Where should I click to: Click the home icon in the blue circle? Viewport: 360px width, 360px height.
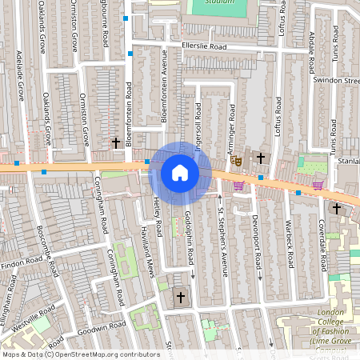coord(180,173)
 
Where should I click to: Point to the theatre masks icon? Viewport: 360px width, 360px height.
coord(236,160)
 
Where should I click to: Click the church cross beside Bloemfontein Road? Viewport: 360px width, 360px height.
coord(116,143)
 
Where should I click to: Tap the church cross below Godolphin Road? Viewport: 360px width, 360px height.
coord(180,298)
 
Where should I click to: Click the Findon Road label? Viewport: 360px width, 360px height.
coord(22,261)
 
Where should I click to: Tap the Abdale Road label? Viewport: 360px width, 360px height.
coord(311,52)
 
